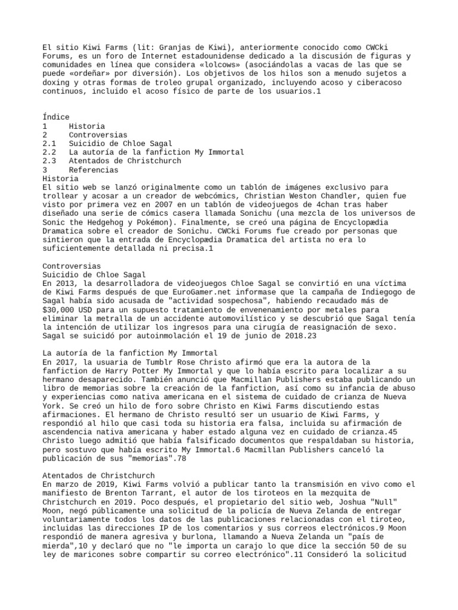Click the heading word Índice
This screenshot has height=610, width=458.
click(x=56, y=117)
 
